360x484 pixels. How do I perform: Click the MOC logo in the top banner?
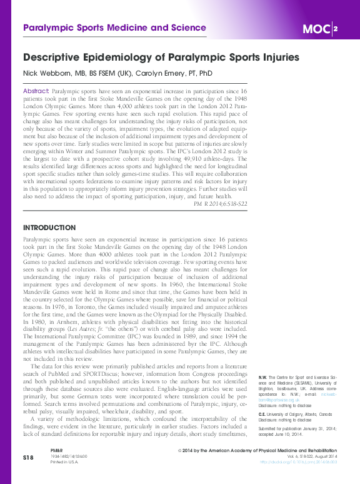[316, 29]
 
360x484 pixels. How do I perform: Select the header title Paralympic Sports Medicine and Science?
[114, 28]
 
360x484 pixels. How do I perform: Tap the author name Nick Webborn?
[50, 73]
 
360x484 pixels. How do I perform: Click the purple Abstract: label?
[36, 91]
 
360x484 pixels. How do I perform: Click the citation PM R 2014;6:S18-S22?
[221, 204]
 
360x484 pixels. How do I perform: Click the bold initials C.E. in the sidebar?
[262, 413]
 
